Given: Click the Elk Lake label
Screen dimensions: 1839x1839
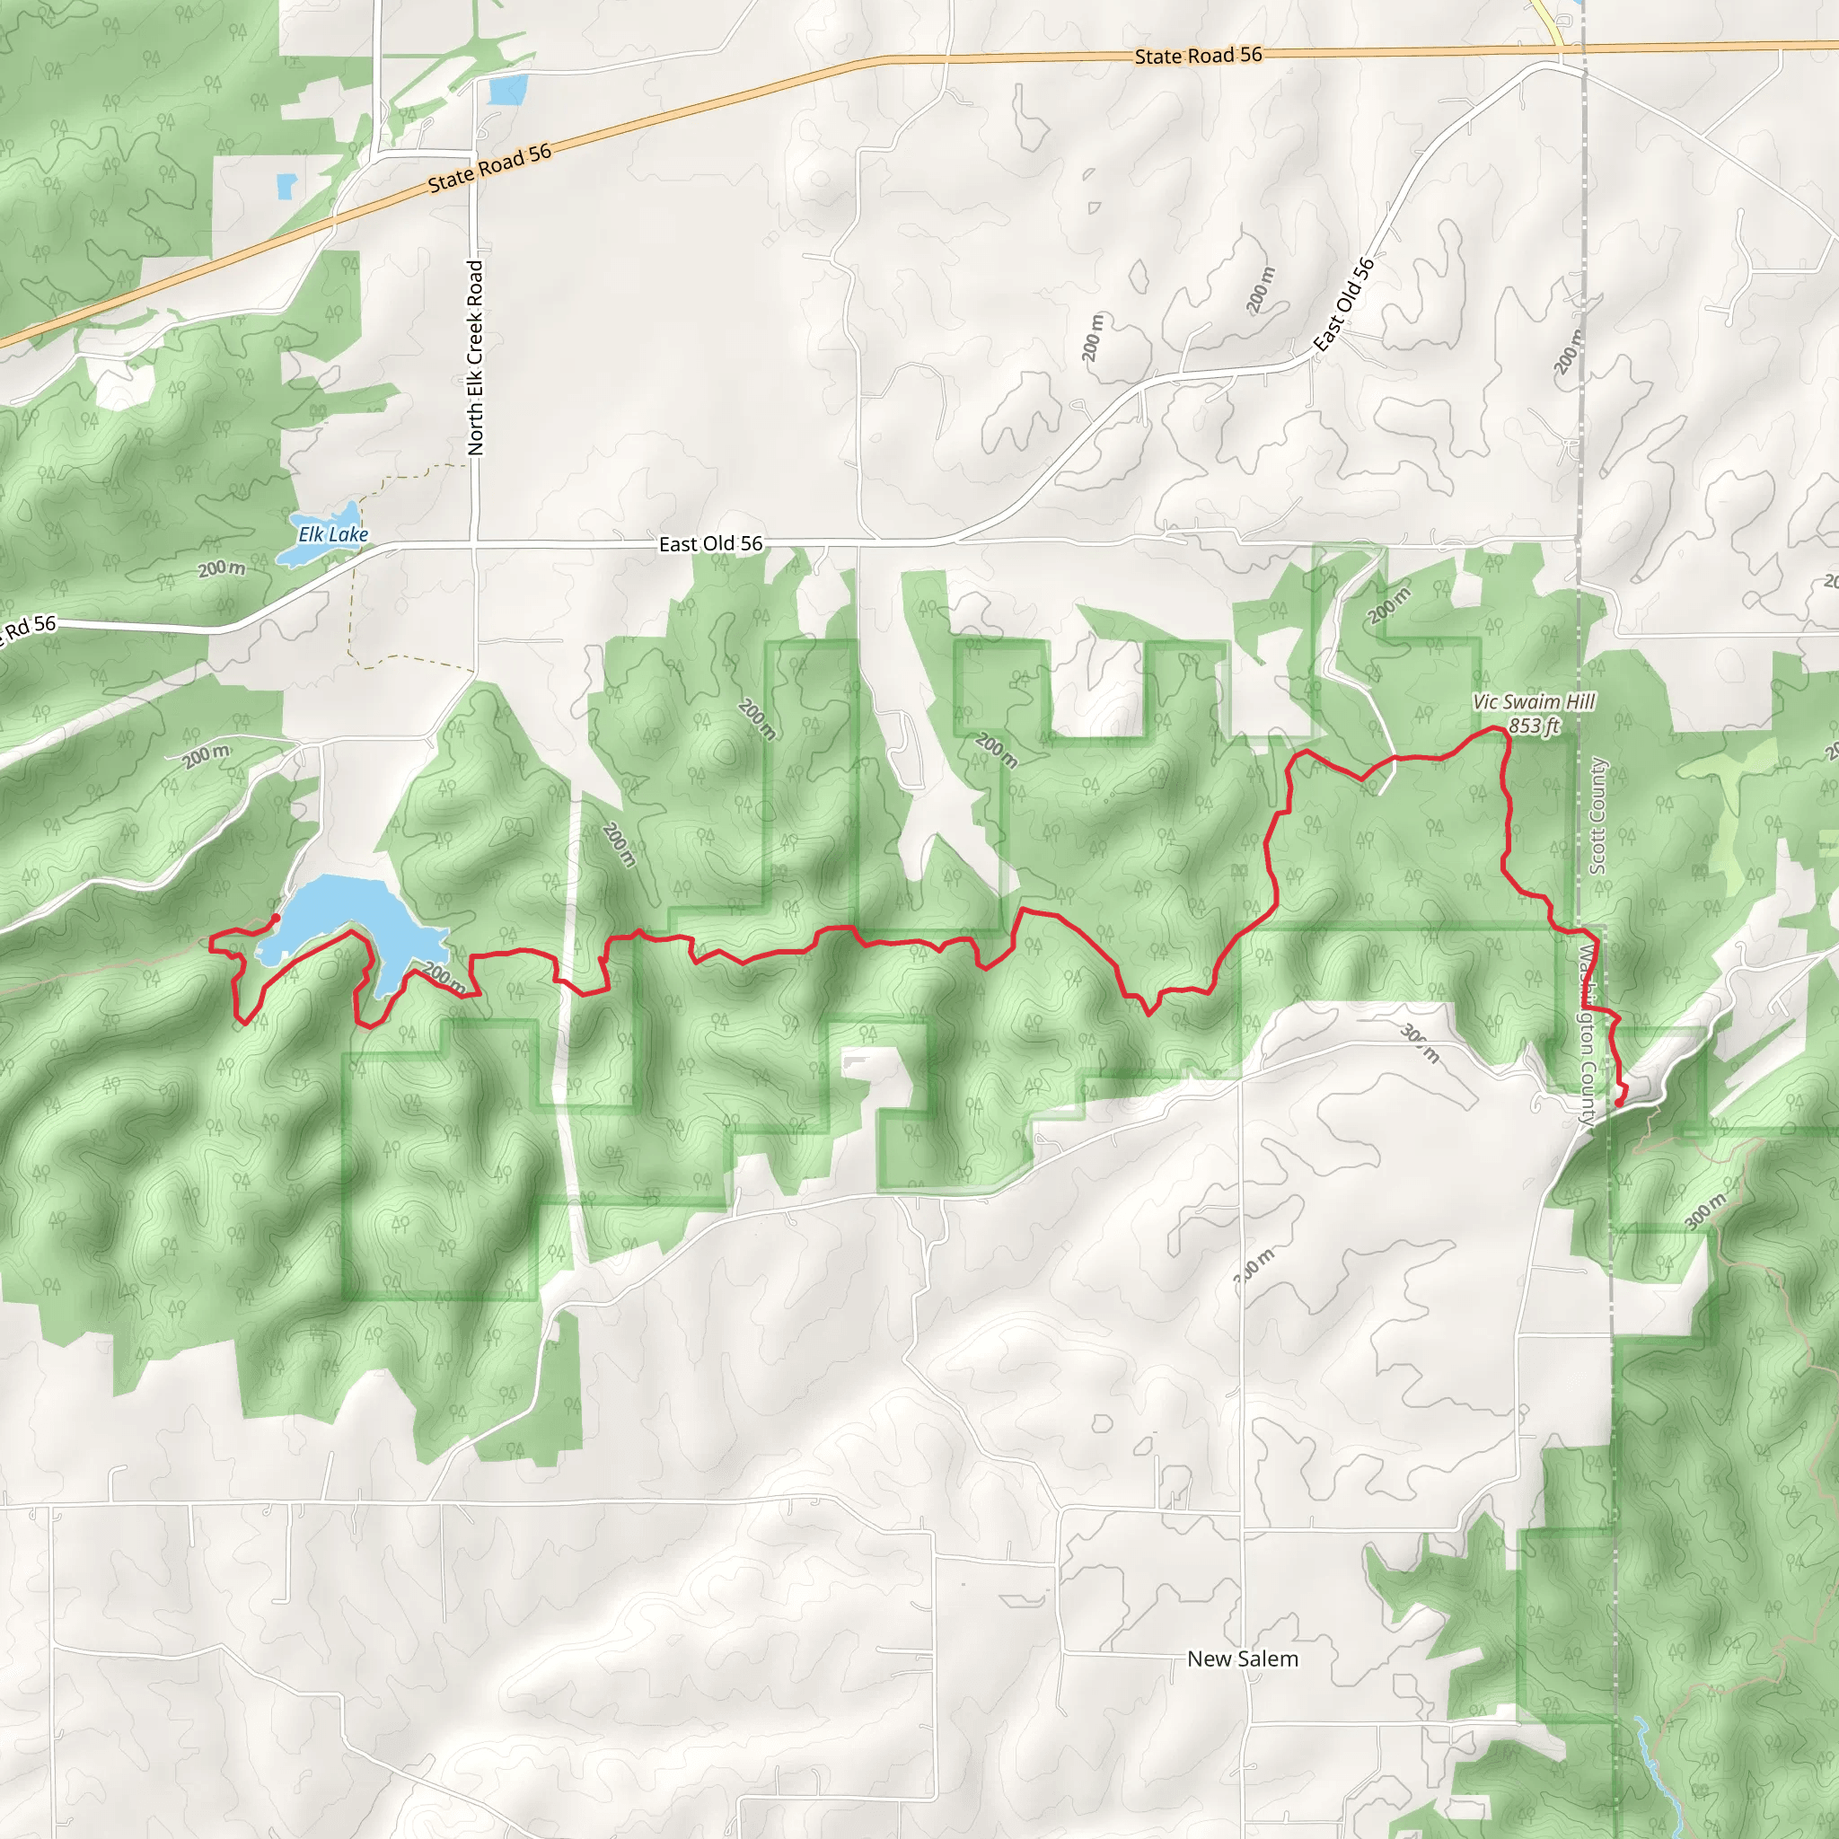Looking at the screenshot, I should click(333, 535).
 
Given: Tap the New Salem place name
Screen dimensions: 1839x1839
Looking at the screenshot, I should click(1242, 1659).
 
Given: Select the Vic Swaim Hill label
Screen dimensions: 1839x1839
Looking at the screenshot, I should click(1534, 701).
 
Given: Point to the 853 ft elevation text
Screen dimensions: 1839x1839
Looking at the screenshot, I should click(1534, 726).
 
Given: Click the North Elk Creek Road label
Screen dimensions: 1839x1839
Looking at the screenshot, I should click(475, 357).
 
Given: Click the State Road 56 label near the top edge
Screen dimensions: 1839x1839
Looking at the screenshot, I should click(1198, 55).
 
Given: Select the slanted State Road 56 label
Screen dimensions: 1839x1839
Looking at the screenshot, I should click(489, 168).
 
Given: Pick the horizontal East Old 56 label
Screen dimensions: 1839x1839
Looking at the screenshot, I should click(710, 543).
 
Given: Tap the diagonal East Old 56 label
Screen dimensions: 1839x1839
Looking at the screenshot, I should click(1343, 304).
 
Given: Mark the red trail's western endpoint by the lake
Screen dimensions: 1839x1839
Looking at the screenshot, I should click(275, 918).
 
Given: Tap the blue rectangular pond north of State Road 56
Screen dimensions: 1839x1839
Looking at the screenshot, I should click(506, 90).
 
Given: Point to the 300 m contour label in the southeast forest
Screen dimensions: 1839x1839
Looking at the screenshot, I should click(1703, 1211).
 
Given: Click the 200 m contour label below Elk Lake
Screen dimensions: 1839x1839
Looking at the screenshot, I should click(222, 569).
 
